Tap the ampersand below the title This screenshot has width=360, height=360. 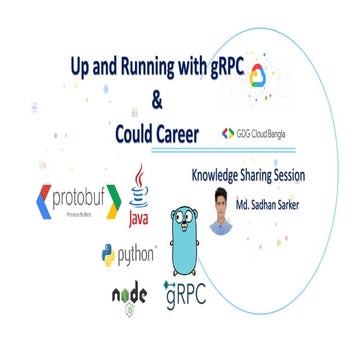click(x=155, y=100)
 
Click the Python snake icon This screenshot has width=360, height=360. click(x=108, y=256)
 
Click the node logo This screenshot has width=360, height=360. click(x=130, y=296)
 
